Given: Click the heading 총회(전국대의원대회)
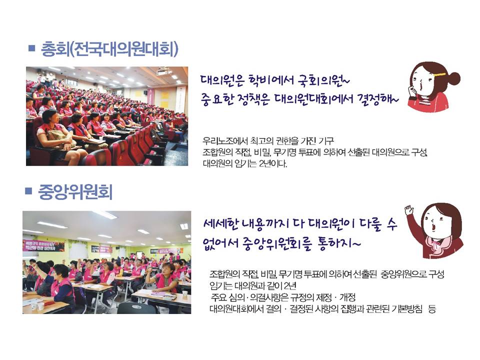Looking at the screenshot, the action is point(109,49).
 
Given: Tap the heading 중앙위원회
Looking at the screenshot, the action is point(75,192).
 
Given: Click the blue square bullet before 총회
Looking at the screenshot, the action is point(31,48).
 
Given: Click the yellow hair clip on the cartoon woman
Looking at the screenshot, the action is point(438,74).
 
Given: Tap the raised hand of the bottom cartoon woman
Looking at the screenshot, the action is point(409,210).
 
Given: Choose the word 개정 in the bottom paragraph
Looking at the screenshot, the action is point(347,297).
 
